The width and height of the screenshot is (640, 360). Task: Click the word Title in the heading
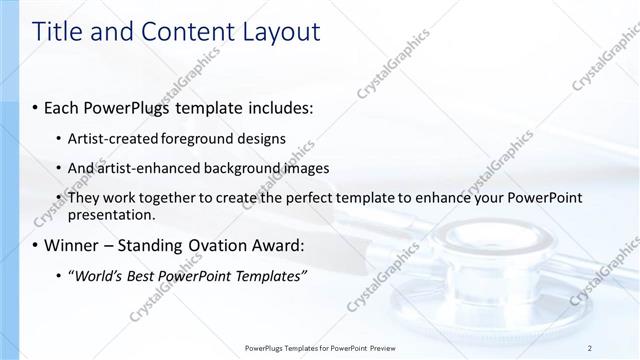[x=59, y=32]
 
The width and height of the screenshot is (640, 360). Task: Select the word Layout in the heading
[x=277, y=32]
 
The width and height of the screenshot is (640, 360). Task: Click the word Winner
[x=68, y=245]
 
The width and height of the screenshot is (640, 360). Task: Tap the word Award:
[x=278, y=245]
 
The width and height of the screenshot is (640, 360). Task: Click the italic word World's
[x=98, y=275]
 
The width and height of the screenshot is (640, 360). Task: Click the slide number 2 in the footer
[x=590, y=347]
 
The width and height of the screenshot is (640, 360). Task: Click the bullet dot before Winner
[x=36, y=246]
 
